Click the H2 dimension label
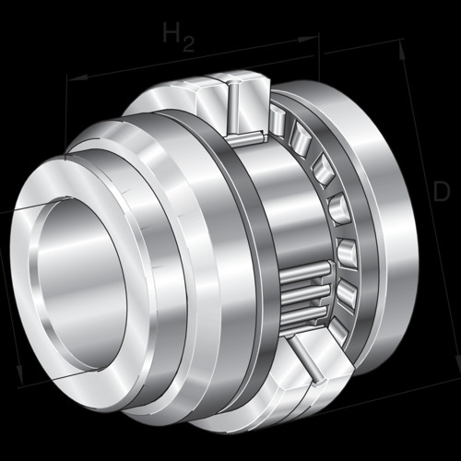pos(178,36)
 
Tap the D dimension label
pos(442,192)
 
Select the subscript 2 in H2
pos(188,43)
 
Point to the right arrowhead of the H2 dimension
pos(308,39)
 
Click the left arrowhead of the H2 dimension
pos(77,77)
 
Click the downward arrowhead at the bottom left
pos(20,374)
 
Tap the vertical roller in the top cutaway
pos(234,109)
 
